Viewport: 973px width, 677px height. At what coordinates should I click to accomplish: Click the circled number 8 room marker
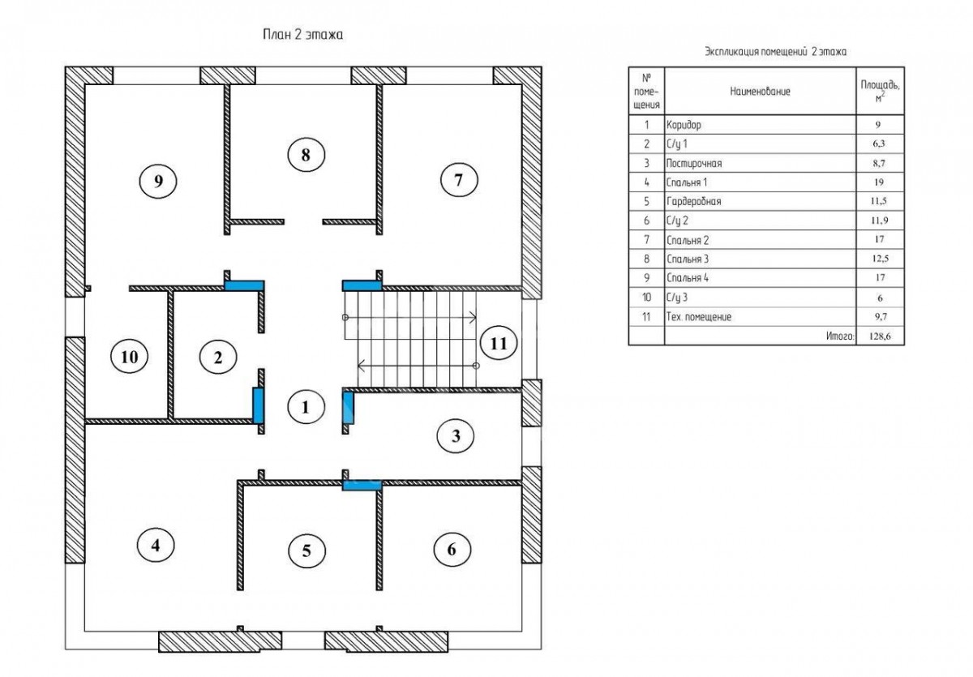click(x=306, y=155)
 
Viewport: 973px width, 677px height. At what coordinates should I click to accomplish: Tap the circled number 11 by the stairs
click(x=499, y=344)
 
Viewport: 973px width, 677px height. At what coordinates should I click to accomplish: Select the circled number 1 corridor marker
click(x=306, y=407)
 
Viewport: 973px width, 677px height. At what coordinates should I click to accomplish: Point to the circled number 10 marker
click(x=130, y=357)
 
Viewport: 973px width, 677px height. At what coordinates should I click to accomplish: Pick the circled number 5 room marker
click(x=306, y=551)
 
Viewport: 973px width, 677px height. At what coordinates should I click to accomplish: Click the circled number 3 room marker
click(x=456, y=435)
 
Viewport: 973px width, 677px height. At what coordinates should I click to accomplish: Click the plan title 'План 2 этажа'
click(x=302, y=35)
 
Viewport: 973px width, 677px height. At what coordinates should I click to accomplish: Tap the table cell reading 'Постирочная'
click(x=694, y=163)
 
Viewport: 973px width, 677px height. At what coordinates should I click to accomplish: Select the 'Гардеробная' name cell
click(x=693, y=202)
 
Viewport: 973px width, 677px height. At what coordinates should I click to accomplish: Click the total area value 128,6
click(x=880, y=336)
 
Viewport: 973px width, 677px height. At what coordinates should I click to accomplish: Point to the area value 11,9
click(x=879, y=221)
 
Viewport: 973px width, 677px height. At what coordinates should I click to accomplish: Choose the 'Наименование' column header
click(x=760, y=92)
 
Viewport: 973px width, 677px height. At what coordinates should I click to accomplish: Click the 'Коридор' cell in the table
click(x=684, y=125)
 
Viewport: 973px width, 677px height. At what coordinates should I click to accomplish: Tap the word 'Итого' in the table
click(x=840, y=336)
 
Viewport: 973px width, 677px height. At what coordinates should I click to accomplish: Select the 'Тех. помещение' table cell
click(x=698, y=317)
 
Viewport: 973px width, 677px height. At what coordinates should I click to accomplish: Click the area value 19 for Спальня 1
click(x=879, y=182)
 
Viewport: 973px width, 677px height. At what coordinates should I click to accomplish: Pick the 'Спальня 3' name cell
click(x=688, y=259)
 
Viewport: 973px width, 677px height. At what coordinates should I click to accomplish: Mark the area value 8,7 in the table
click(x=879, y=163)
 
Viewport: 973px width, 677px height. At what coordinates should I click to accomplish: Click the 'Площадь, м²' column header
click(x=880, y=91)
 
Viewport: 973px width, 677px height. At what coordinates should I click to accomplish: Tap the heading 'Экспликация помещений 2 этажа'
click(x=775, y=52)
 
